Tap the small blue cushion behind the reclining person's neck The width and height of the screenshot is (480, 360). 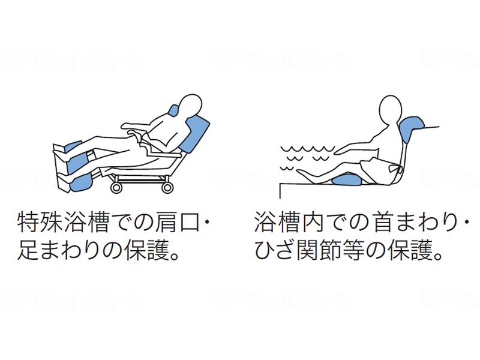(174, 111)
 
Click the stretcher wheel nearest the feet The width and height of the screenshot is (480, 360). (116, 188)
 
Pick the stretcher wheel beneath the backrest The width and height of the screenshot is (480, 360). (168, 188)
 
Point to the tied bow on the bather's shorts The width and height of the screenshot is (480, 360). (394, 167)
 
